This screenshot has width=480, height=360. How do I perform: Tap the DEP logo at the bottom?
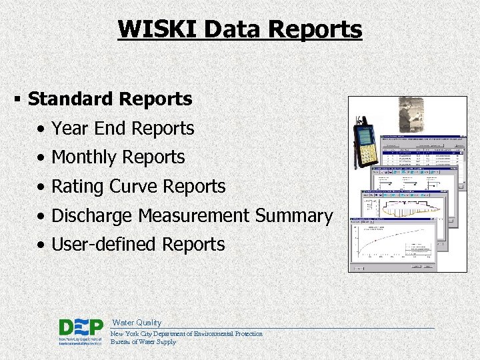(80, 331)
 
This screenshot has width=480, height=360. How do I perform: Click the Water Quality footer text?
(136, 323)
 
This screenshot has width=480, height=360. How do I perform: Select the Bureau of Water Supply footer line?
(143, 342)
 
